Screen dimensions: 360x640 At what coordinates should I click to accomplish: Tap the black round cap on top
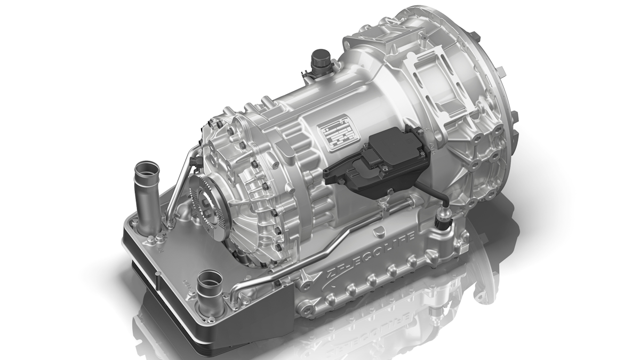click(x=322, y=57)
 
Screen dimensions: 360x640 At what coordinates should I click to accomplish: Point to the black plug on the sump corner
click(x=442, y=219)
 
